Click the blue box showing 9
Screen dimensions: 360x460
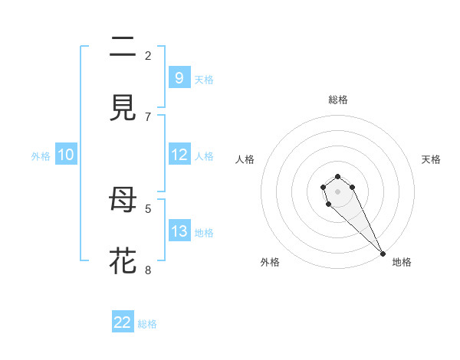pyautogui.click(x=179, y=77)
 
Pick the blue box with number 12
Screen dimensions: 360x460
pyautogui.click(x=179, y=155)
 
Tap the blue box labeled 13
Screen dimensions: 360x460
pyautogui.click(x=179, y=231)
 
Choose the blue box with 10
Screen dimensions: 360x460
pyautogui.click(x=66, y=155)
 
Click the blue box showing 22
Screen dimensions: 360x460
pyautogui.click(x=123, y=322)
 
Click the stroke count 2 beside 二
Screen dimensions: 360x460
pyautogui.click(x=148, y=55)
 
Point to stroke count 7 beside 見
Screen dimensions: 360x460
pyautogui.click(x=148, y=116)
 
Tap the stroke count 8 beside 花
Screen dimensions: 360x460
pyautogui.click(x=148, y=270)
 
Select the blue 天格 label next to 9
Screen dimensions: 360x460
pyautogui.click(x=204, y=79)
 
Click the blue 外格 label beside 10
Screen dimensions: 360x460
pyautogui.click(x=41, y=156)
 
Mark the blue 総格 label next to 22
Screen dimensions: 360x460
pyautogui.click(x=147, y=324)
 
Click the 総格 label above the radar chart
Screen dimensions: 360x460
pyautogui.click(x=338, y=100)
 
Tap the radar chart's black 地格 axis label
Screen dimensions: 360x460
pyautogui.click(x=402, y=262)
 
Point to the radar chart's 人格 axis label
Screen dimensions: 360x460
pyautogui.click(x=245, y=159)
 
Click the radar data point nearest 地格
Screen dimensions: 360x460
pyautogui.click(x=383, y=253)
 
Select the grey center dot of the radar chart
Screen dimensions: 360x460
pyautogui.click(x=337, y=191)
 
